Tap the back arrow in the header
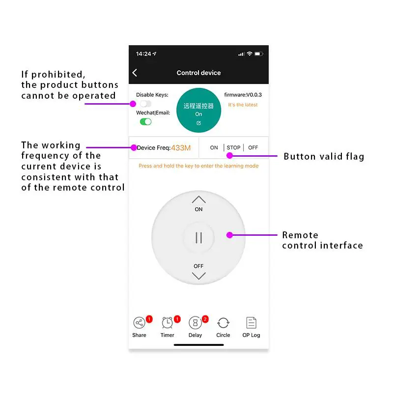click(135, 73)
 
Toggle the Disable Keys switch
click(145, 104)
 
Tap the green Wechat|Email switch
click(145, 121)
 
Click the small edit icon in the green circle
click(198, 123)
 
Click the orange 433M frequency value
click(181, 148)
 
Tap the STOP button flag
click(233, 147)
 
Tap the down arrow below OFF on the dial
click(198, 276)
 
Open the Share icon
click(139, 323)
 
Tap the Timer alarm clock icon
click(167, 323)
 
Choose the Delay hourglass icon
click(195, 323)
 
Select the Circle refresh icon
click(223, 323)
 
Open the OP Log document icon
click(251, 323)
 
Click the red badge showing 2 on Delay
click(205, 319)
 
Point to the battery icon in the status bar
click(258, 54)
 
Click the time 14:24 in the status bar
click(143, 54)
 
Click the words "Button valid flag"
click(324, 157)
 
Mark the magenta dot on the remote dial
click(229, 235)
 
